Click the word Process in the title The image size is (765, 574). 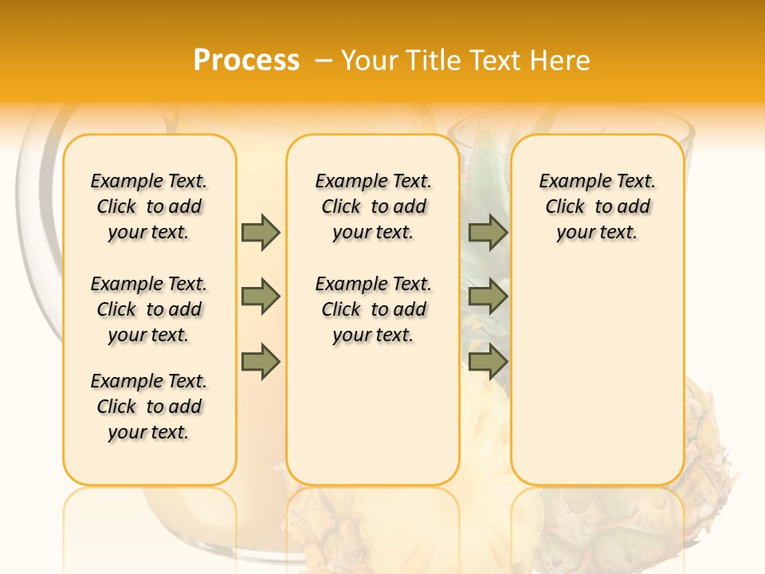[246, 61]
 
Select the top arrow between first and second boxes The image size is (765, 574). [261, 232]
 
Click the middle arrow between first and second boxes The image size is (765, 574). [261, 297]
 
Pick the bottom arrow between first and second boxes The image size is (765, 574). [261, 363]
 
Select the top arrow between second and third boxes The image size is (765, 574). [488, 232]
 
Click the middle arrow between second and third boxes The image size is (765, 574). [488, 297]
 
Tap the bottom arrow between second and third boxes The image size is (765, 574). [488, 363]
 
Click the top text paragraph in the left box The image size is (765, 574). [149, 206]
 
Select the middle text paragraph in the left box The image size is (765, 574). [149, 309]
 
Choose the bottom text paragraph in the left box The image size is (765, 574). [149, 407]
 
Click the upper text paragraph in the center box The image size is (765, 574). [373, 206]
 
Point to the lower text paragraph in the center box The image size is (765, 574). [373, 309]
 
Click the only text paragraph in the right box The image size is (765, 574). [598, 206]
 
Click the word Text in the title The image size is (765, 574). [493, 61]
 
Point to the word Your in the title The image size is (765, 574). [368, 61]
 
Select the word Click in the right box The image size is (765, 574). [565, 207]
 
